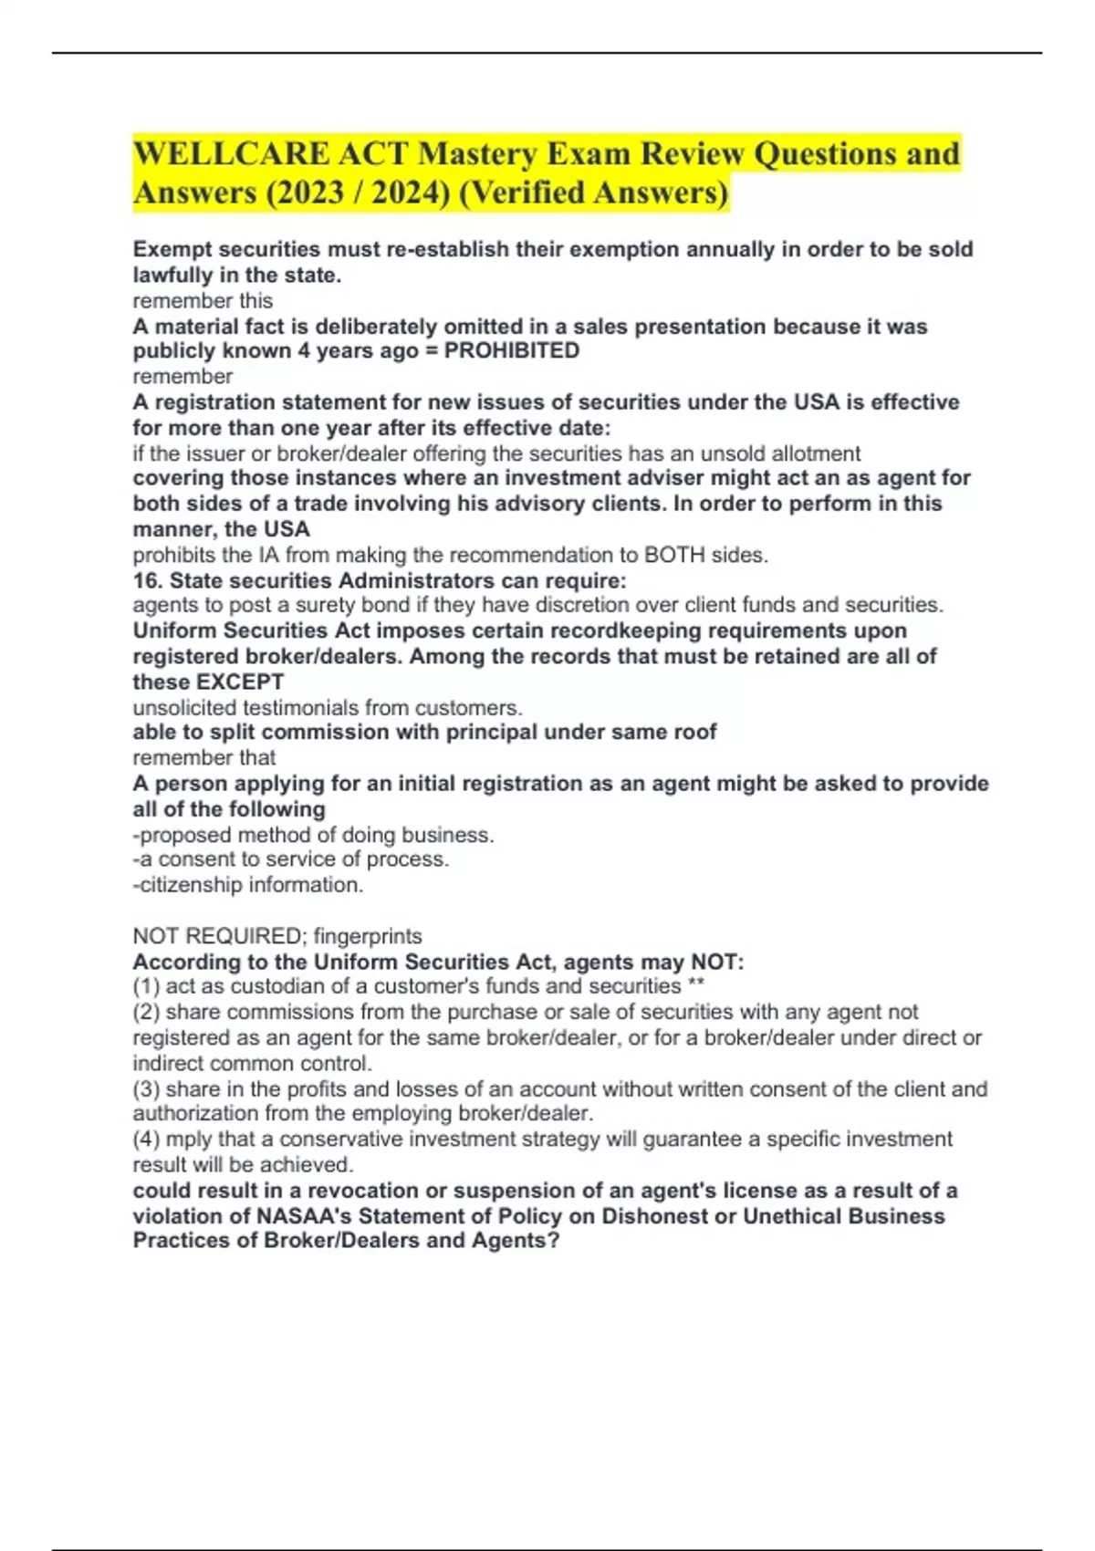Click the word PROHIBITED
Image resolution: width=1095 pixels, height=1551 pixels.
tap(511, 351)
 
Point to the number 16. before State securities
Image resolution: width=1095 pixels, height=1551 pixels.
tap(148, 580)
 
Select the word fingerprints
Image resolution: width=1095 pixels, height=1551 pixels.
tap(368, 936)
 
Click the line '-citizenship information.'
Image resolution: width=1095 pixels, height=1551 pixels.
tap(248, 885)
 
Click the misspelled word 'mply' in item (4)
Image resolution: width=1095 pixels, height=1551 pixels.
tap(187, 1140)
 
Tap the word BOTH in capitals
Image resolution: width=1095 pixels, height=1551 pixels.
tap(675, 555)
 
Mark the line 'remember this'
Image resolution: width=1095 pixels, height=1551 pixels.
tap(203, 300)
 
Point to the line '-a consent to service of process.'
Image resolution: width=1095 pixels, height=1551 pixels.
tap(291, 859)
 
